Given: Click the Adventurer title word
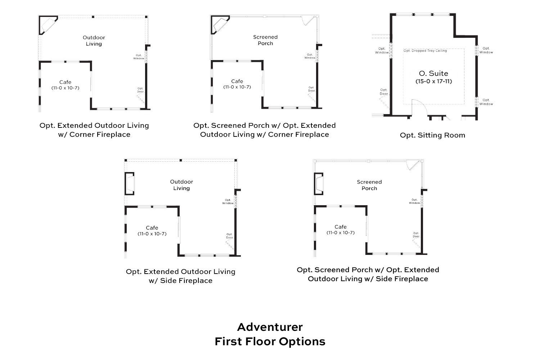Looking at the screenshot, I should pos(270,327).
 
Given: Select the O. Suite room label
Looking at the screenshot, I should pos(433,74).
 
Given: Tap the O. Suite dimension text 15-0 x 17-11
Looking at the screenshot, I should pos(433,81).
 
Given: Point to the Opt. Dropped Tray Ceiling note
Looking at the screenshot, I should pos(425,51).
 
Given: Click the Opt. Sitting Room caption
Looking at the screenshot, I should pos(432,135).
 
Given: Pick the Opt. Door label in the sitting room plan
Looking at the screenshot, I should pos(384,92).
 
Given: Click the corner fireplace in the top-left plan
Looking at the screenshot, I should pos(47,24).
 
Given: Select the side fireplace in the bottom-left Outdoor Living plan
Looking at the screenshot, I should pos(130,184).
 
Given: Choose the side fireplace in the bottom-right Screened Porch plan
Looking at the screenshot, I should pos(319,184).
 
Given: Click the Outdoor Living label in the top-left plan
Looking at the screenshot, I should pos(94,41).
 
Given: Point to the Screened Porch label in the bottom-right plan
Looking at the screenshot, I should pos(369,185).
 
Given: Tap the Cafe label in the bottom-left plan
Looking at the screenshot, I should pos(152,228).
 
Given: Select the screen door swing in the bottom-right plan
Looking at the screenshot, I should pos(413,165).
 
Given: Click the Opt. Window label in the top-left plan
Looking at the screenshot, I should pos(139,57).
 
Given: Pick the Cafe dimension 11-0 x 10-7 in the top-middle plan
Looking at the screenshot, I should pos(237,87).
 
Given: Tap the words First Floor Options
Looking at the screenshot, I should pos(270,341).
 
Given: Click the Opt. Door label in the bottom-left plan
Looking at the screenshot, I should pos(229,236).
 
